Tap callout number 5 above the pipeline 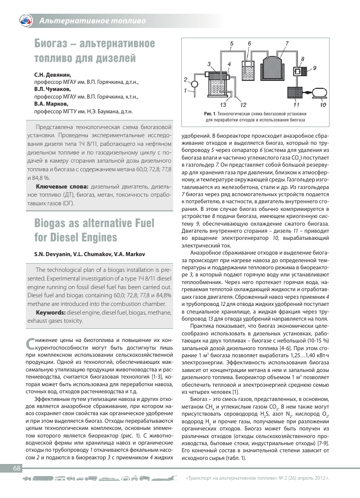click(x=231, y=44)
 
